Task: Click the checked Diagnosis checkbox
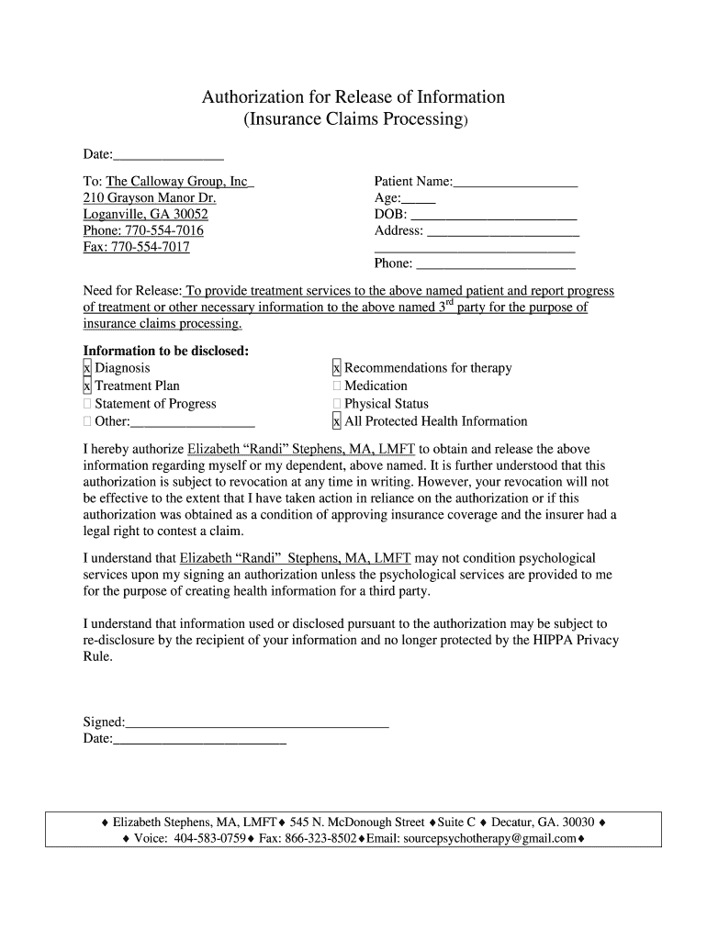click(87, 368)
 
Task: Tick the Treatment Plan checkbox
click(87, 386)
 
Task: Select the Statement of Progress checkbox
click(87, 404)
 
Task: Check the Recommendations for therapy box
click(337, 368)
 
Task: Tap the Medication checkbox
click(337, 386)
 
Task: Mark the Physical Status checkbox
click(337, 404)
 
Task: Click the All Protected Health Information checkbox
click(337, 421)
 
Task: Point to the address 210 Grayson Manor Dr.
click(150, 198)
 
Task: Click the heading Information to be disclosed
click(166, 351)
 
